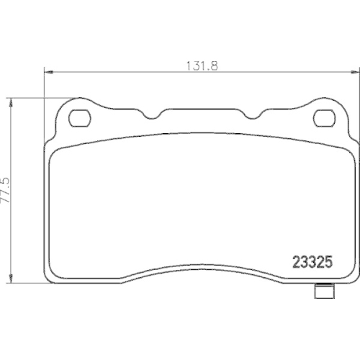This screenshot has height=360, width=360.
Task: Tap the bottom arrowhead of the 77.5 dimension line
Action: click(10, 283)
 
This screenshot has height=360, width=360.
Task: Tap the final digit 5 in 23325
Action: click(328, 264)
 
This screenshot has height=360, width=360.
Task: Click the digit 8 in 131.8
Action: click(214, 63)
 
